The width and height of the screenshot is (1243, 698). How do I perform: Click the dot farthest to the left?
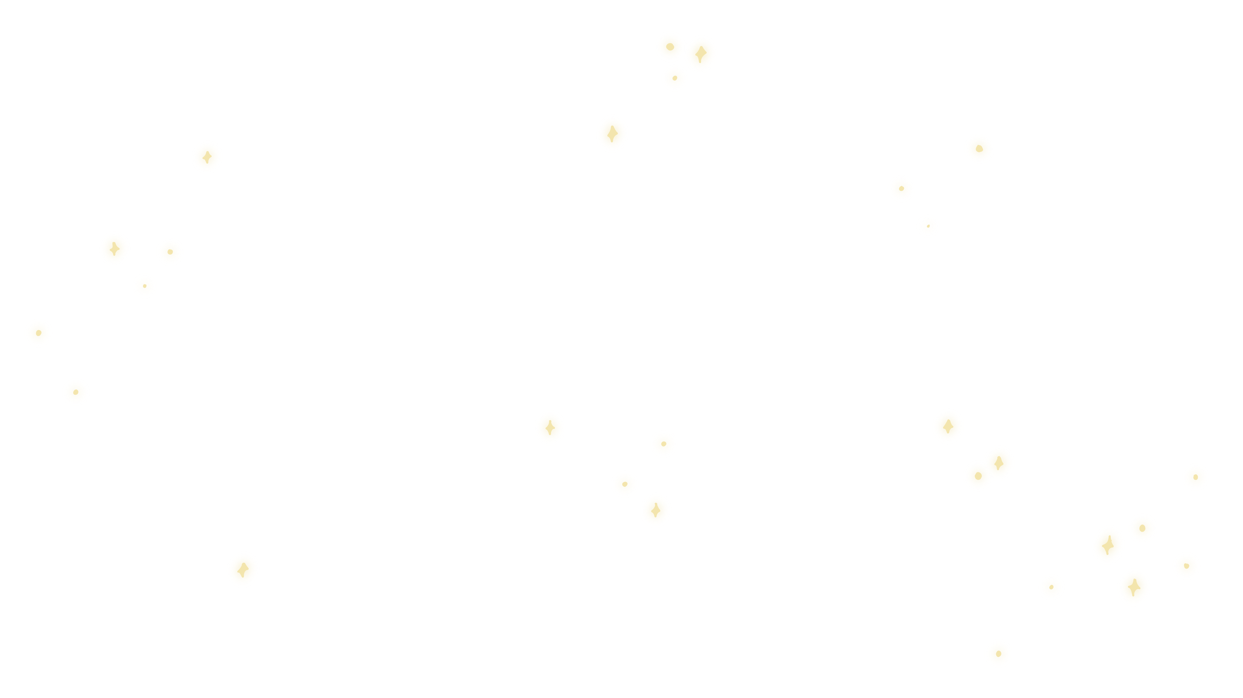[x=39, y=333]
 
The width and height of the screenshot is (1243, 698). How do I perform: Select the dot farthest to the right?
[x=1195, y=477]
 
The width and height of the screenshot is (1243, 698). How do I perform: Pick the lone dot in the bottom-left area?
[x=243, y=570]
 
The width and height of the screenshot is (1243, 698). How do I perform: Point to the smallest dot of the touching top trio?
[x=675, y=78]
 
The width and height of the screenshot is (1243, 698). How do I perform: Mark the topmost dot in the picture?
[x=670, y=47]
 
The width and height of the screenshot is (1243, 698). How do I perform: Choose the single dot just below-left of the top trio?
[x=612, y=134]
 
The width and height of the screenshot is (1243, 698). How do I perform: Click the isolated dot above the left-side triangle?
[x=207, y=157]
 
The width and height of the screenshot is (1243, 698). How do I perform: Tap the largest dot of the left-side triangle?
[x=114, y=249]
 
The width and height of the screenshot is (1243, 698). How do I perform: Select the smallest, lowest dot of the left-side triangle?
[x=145, y=286]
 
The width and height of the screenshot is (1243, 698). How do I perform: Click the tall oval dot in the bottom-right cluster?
[x=1108, y=545]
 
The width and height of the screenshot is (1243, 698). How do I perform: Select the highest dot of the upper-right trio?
[x=979, y=149]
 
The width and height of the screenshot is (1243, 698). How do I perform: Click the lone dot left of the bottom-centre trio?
[x=550, y=428]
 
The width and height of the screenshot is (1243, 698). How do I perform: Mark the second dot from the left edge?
[x=76, y=392]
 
